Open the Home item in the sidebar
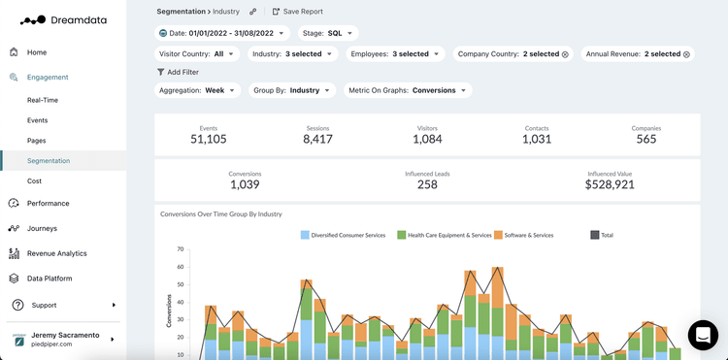pyautogui.click(x=36, y=52)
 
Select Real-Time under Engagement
pyautogui.click(x=44, y=100)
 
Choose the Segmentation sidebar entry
pyautogui.click(x=49, y=161)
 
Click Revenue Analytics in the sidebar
pyautogui.click(x=56, y=253)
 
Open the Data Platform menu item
pyautogui.click(x=49, y=278)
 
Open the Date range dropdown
pyautogui.click(x=222, y=33)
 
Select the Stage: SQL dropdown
pyautogui.click(x=328, y=33)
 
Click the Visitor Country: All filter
pyautogui.click(x=197, y=54)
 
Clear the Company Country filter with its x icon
pyautogui.click(x=565, y=54)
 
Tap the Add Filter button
pyautogui.click(x=178, y=72)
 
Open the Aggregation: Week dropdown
pyautogui.click(x=199, y=90)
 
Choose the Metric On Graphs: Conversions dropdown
pyautogui.click(x=408, y=90)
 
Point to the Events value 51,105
pyautogui.click(x=209, y=139)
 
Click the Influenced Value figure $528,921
pyautogui.click(x=610, y=184)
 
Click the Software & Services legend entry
pyautogui.click(x=529, y=235)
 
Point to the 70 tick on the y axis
pyautogui.click(x=180, y=249)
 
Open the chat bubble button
pyautogui.click(x=703, y=335)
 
